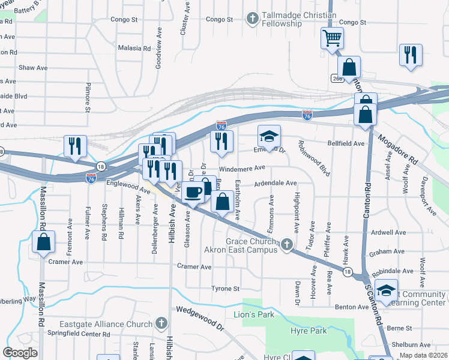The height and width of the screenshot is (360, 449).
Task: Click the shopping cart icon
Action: pyautogui.click(x=331, y=38)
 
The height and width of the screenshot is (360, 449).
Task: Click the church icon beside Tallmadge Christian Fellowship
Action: pyautogui.click(x=252, y=19)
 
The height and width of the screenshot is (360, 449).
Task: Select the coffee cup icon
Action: pyautogui.click(x=193, y=193)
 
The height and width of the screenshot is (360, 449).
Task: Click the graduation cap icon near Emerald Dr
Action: pyautogui.click(x=270, y=136)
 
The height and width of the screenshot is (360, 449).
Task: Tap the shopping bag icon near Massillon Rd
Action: pyautogui.click(x=43, y=242)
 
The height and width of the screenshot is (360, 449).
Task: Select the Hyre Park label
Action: pyautogui.click(x=310, y=331)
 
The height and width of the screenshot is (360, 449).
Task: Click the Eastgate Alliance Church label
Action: pyautogui.click(x=106, y=325)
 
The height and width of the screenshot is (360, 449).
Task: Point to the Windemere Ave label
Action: pyautogui.click(x=242, y=169)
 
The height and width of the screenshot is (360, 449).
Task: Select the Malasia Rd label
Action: pyautogui.click(x=134, y=48)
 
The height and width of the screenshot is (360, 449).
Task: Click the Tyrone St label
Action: pyautogui.click(x=226, y=289)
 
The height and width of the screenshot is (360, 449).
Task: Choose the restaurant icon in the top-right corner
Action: pyautogui.click(x=411, y=55)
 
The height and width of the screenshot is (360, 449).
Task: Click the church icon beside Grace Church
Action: pyautogui.click(x=287, y=244)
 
